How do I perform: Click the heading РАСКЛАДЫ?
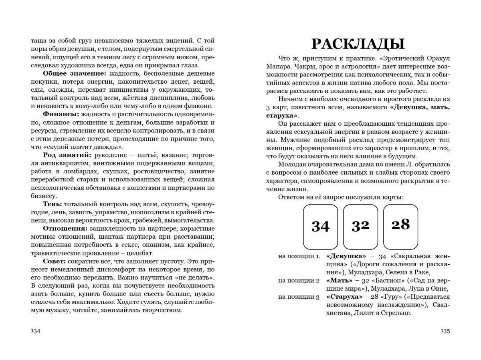tap(358, 44)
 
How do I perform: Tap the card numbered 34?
tap(320, 227)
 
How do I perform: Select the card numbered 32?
tap(360, 227)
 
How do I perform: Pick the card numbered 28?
tap(400, 227)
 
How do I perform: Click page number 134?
tap(36, 331)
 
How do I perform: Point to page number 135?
tap(445, 331)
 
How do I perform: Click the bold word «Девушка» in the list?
tap(346, 256)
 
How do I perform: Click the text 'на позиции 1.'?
tap(299, 256)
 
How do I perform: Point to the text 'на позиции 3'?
tap(299, 297)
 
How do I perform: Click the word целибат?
tap(140, 253)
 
